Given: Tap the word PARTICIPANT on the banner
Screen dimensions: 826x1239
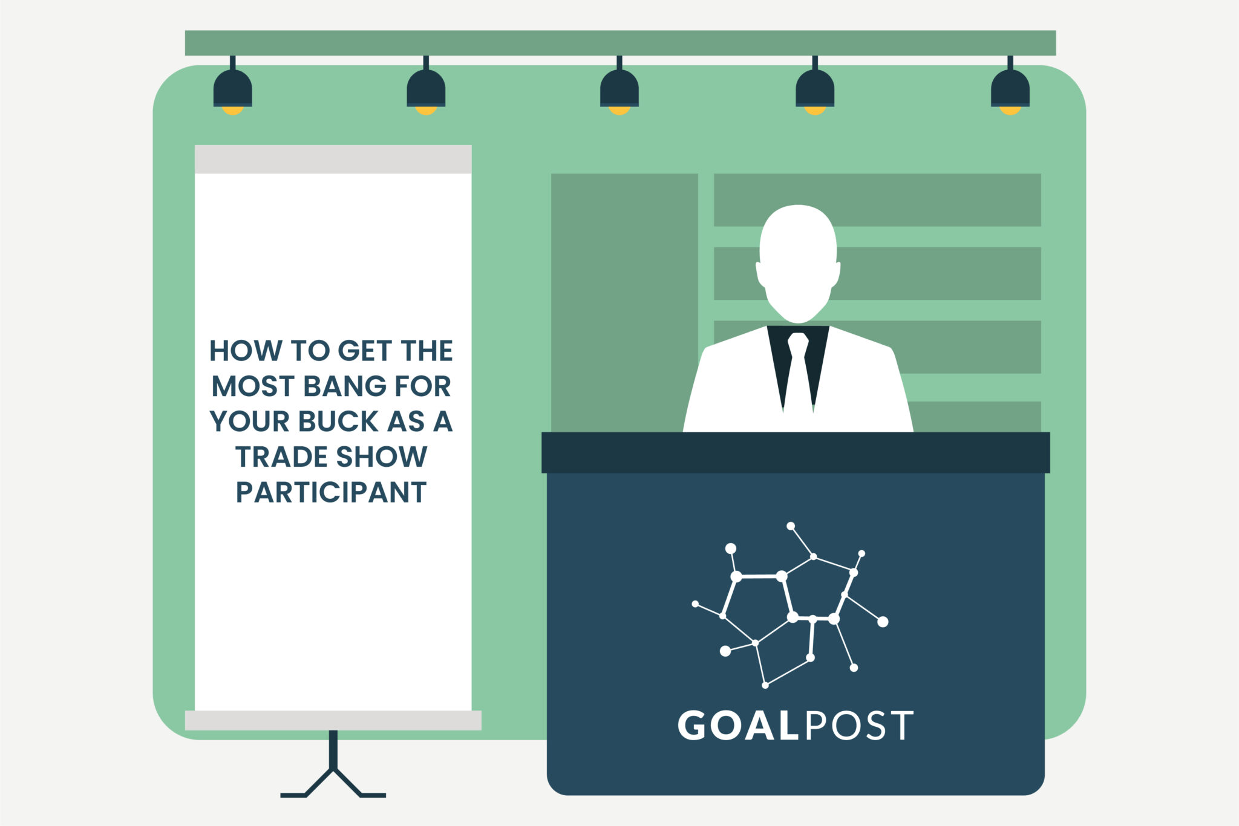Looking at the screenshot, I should tap(331, 492).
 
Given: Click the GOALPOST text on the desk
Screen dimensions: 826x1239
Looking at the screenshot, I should tap(795, 726).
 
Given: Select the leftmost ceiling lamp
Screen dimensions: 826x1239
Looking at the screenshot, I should tap(232, 89).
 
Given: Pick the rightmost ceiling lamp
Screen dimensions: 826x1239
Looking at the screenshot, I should tap(1010, 89).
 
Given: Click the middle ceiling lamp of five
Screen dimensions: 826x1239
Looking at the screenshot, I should tap(619, 89).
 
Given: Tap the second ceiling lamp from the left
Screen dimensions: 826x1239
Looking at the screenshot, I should tap(426, 89).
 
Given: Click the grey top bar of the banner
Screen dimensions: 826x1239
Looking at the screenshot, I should tap(333, 159).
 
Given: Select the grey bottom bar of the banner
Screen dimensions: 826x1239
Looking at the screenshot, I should tap(333, 720).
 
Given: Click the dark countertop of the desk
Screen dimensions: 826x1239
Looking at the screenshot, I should tap(795, 452).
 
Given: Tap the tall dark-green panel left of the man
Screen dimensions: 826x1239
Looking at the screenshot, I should tap(624, 302).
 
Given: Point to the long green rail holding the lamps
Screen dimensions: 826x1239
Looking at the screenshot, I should tap(620, 43).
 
